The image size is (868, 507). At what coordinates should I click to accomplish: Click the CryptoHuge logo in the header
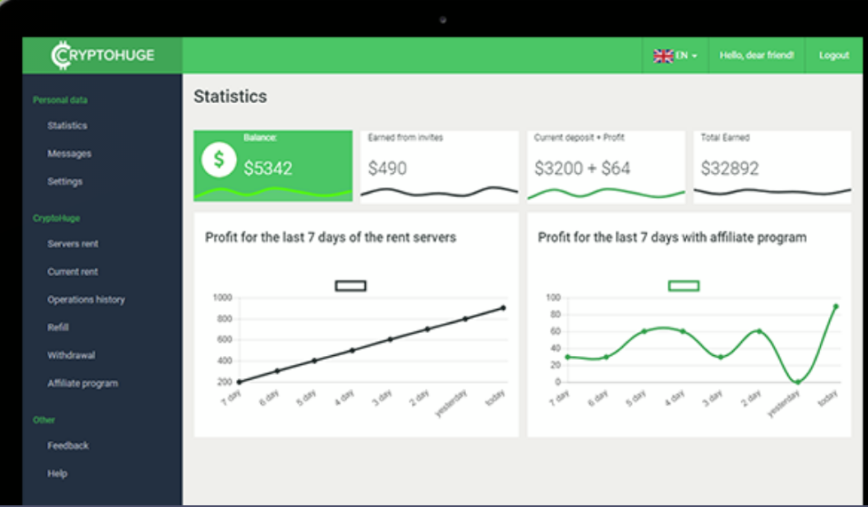point(103,55)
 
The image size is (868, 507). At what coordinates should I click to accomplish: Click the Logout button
point(833,55)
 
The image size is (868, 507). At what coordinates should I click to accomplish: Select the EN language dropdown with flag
point(675,55)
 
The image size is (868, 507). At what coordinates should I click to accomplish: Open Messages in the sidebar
point(69,154)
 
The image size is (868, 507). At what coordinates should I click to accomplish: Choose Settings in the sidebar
point(65,181)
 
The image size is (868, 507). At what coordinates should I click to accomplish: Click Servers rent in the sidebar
point(73,243)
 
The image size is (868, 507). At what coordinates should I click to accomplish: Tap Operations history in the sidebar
point(86,300)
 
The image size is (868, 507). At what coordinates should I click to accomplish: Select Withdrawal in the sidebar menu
point(71,355)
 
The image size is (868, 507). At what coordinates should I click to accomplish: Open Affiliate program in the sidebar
point(83,384)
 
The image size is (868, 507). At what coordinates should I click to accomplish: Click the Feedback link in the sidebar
point(68,446)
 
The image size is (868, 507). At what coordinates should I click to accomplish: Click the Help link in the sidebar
point(58,473)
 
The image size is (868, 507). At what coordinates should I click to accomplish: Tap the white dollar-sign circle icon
point(218,161)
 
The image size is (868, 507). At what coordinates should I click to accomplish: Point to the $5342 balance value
point(268,168)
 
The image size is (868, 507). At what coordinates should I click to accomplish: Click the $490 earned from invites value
point(388,168)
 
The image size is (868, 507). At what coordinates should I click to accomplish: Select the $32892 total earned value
point(730,168)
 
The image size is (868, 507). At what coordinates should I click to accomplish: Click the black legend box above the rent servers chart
point(351,286)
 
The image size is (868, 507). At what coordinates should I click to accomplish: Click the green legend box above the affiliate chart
point(683,286)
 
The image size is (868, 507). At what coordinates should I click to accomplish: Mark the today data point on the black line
point(503,308)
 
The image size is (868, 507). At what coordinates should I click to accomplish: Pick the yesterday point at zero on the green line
point(797,382)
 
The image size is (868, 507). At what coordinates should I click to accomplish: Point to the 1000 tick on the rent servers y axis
point(221,297)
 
